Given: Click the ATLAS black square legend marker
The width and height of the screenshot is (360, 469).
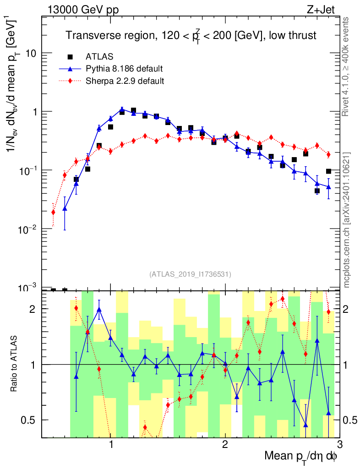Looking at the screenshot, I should tap(70, 57).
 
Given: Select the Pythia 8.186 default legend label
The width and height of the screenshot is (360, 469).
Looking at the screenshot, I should tap(124, 69).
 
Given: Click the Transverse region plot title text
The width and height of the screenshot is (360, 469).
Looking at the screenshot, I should tap(191, 36).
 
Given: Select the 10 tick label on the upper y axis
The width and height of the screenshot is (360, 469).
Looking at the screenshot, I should tap(30, 54).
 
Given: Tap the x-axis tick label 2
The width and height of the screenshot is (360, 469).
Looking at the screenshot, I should tap(225, 445).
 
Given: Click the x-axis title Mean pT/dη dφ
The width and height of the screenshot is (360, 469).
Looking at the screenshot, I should tap(301, 457).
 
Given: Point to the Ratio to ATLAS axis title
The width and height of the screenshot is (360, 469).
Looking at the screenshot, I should tap(15, 364).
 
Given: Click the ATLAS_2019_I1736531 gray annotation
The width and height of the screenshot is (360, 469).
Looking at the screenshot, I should tap(190, 274).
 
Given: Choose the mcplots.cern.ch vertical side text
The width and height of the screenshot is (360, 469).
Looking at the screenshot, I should tap(347, 220).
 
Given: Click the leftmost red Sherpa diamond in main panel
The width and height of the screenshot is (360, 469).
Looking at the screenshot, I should tap(53, 212).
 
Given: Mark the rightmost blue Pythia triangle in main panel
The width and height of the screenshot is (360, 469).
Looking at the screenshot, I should tap(328, 187).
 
